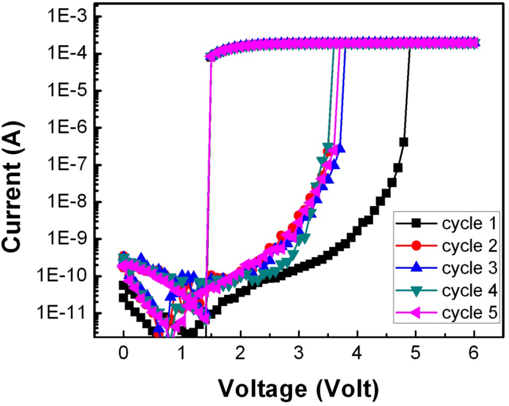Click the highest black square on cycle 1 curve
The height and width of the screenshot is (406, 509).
404,142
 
